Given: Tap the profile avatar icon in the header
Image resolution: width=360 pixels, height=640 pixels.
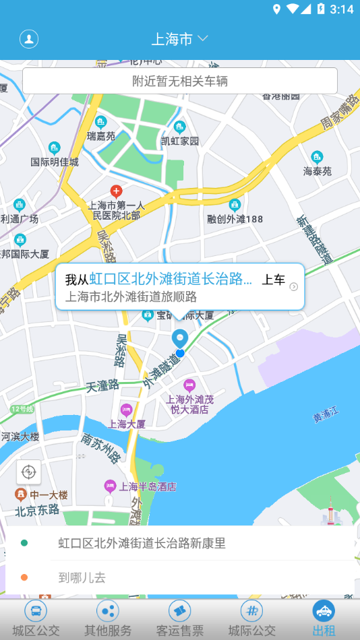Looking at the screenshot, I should (x=29, y=38).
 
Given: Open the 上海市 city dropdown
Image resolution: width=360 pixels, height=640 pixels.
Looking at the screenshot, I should (x=180, y=39).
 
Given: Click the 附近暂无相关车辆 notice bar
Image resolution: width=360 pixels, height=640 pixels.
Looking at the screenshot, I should (x=180, y=81).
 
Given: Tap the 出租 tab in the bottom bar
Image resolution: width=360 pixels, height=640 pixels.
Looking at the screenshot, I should (x=324, y=620).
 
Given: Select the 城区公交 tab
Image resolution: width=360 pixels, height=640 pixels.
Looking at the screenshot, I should (x=36, y=620).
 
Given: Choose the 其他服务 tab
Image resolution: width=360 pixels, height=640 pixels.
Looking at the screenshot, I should (x=108, y=620).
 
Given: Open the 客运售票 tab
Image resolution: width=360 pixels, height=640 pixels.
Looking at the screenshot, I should (x=180, y=620).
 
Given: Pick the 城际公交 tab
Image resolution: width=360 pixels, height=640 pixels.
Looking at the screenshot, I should (x=251, y=620).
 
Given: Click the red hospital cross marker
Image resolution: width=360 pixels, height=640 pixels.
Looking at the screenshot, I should (x=116, y=191).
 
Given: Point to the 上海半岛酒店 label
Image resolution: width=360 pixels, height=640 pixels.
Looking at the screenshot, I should (x=148, y=486).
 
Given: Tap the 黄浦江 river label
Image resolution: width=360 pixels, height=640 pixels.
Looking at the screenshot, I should (x=326, y=418).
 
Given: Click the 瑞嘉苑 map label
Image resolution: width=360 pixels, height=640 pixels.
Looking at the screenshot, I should (x=101, y=136).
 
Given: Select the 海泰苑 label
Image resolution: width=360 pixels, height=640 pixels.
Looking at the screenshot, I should (x=318, y=171).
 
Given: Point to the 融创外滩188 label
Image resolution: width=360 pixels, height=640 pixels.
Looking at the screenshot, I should (x=235, y=218).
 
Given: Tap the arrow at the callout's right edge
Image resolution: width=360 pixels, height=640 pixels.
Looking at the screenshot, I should (x=293, y=287).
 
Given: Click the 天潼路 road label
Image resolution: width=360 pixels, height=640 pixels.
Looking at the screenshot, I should (x=102, y=386).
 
